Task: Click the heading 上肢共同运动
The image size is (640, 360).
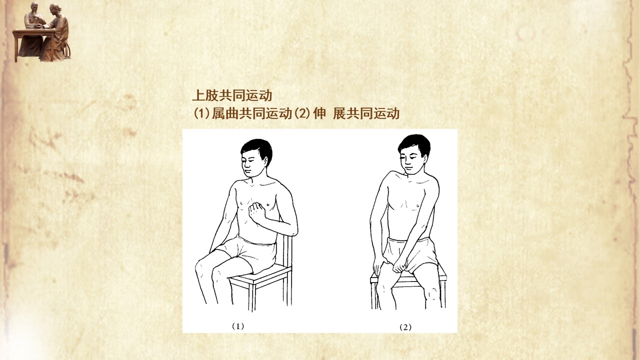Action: (232, 95)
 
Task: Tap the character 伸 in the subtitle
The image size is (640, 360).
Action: (319, 113)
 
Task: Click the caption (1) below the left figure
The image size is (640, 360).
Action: (237, 326)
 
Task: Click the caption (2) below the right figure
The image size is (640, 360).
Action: (405, 327)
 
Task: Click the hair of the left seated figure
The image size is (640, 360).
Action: (257, 149)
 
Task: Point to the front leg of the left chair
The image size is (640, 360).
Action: (251, 297)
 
